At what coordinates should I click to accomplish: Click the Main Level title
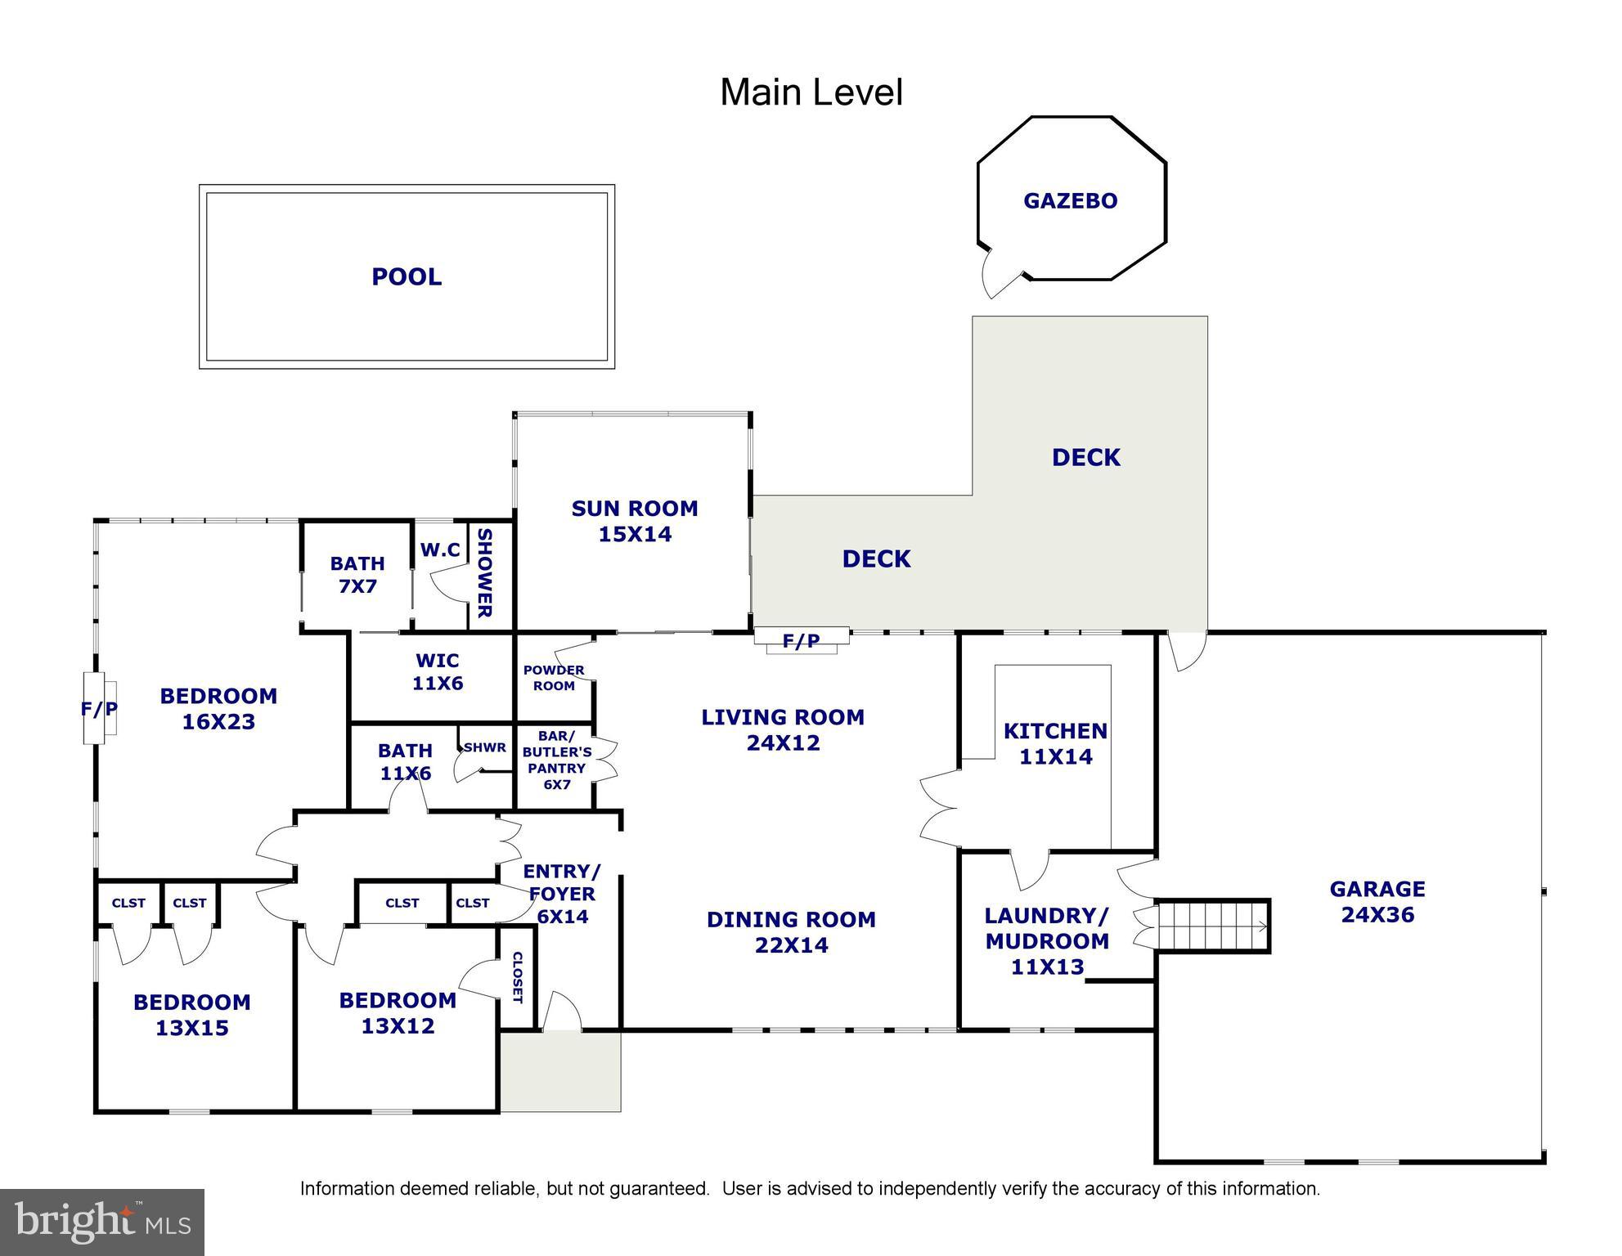click(811, 92)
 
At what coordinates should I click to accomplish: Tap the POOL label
click(407, 277)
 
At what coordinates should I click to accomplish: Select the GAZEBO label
click(1070, 201)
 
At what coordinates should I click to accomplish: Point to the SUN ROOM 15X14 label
click(635, 521)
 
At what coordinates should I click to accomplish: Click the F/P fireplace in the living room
click(802, 640)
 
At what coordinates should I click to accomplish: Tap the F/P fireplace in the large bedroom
click(99, 708)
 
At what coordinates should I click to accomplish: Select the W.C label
click(440, 550)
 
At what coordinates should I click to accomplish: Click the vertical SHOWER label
click(484, 573)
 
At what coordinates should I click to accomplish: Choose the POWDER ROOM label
click(554, 678)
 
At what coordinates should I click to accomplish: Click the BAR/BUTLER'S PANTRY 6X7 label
click(557, 760)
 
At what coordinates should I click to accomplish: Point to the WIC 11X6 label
click(438, 671)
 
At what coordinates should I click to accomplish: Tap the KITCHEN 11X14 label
click(1055, 743)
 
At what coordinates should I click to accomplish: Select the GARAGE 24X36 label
click(1377, 901)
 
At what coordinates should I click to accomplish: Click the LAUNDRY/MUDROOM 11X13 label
click(1047, 940)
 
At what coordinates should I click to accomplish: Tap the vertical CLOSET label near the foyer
click(517, 977)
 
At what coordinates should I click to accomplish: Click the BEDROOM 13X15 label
click(192, 1015)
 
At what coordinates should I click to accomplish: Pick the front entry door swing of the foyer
click(562, 1013)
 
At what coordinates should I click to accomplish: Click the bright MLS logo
click(102, 1222)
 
